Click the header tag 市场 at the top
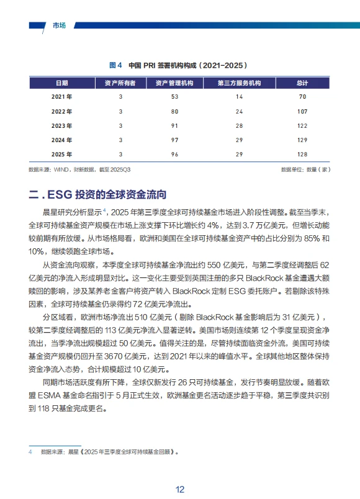[60, 25]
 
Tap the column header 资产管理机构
[174, 83]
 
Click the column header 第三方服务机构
[239, 83]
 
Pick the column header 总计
[302, 83]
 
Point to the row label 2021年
[61, 97]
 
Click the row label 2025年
[61, 154]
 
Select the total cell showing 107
[302, 111]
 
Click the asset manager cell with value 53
[174, 97]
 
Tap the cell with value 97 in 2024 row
[174, 140]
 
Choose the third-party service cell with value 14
[239, 97]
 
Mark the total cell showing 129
[302, 140]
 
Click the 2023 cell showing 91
[174, 125]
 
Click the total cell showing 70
[302, 97]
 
